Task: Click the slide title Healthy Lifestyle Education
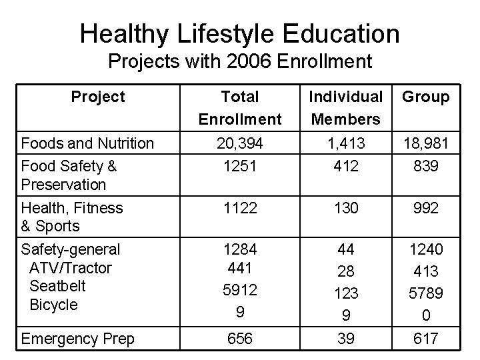coord(239,33)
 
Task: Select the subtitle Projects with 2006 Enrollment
coord(239,62)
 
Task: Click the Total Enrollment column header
coord(240,108)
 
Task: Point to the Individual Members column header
coord(345,108)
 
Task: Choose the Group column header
coord(426,97)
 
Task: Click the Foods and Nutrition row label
coord(87,143)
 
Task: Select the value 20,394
coord(240,143)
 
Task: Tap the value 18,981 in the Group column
coord(426,143)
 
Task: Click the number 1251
coord(240,166)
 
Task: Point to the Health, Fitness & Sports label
coord(72,217)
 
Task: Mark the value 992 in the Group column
coord(426,209)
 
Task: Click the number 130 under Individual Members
coord(345,209)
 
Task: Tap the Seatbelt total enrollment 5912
coord(240,291)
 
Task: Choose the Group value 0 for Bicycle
coord(426,312)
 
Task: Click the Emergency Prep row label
coord(77,339)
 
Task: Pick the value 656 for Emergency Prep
coord(240,339)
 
